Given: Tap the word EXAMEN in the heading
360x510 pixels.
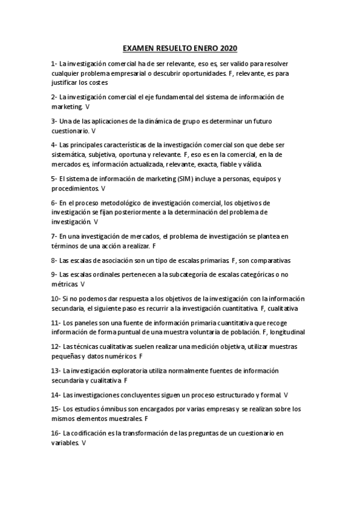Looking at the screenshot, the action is pyautogui.click(x=138, y=48).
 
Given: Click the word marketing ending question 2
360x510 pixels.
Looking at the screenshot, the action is pyautogui.click(x=67, y=106).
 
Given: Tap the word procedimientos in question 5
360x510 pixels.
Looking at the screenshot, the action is pyautogui.click(x=75, y=188).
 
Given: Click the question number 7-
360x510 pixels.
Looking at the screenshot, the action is pyautogui.click(x=54, y=236).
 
